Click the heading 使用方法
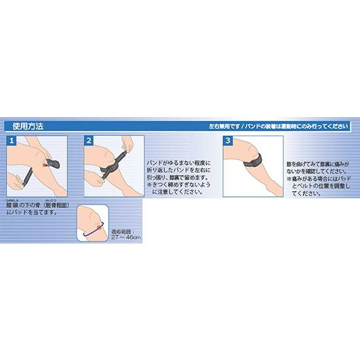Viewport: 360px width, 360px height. (27, 126)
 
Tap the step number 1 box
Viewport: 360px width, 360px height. (10, 141)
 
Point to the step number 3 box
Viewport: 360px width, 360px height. (227, 141)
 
